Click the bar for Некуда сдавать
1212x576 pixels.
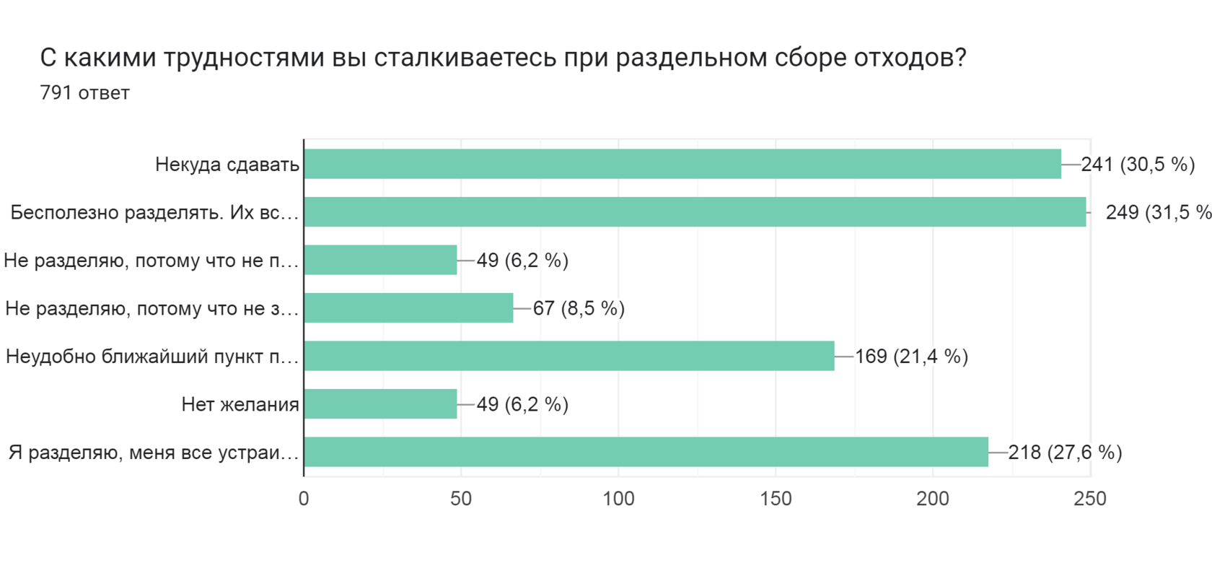tap(682, 164)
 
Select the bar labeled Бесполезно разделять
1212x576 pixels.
tap(695, 212)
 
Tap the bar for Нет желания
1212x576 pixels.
tap(380, 404)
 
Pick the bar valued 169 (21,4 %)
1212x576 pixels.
tap(569, 356)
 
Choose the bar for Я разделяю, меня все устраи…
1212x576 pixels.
tap(646, 452)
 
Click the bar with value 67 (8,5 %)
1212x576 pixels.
tap(408, 308)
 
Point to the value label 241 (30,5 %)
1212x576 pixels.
tap(1138, 165)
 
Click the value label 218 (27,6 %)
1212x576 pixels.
tap(1065, 453)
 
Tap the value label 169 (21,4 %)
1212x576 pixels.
tap(911, 357)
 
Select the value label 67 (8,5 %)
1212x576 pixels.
tap(579, 309)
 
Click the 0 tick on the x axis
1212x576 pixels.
tap(304, 499)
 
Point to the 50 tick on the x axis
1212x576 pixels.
tap(461, 499)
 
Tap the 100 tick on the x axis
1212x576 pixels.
tap(618, 499)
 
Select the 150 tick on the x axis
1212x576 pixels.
tap(776, 499)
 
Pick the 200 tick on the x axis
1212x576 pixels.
tap(933, 499)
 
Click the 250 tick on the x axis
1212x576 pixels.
tap(1090, 499)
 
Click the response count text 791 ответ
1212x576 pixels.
tap(85, 93)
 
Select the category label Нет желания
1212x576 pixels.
tap(240, 405)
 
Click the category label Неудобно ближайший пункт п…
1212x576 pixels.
tap(152, 357)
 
